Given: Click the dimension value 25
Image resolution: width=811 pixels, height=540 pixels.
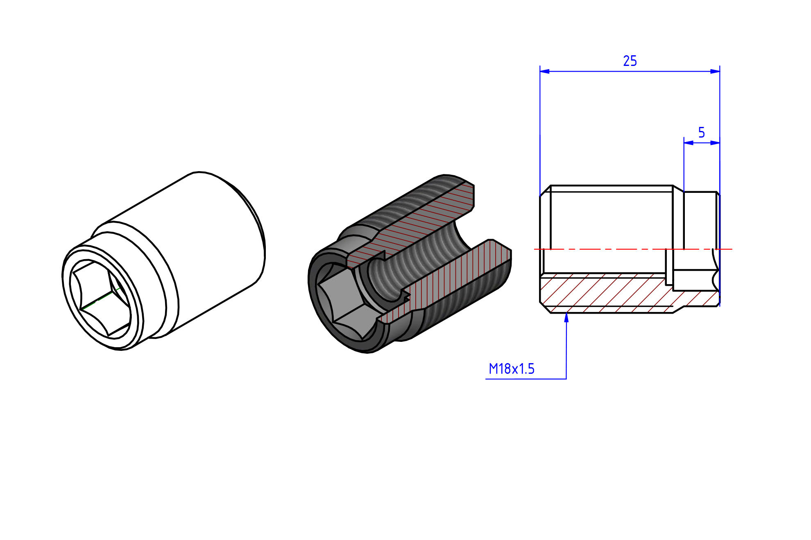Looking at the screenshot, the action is coord(630,61).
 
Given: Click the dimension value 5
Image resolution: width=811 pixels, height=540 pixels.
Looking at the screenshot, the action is coord(701,133).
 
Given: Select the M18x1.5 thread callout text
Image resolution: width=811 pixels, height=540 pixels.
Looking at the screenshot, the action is coord(512,369).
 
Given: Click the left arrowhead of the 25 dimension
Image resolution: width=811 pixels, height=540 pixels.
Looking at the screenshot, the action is coord(545,71).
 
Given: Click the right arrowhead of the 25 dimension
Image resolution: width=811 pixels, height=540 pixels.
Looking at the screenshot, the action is coord(715,71).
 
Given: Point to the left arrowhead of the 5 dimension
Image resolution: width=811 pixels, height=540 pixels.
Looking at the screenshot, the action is coord(689,143).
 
